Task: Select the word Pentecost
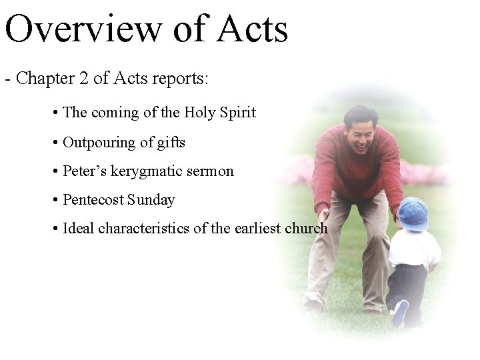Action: pyautogui.click(x=92, y=200)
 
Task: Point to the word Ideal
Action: pyautogui.click(x=78, y=229)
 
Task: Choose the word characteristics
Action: pyautogui.click(x=143, y=229)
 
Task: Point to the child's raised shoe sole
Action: pyautogui.click(x=399, y=313)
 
